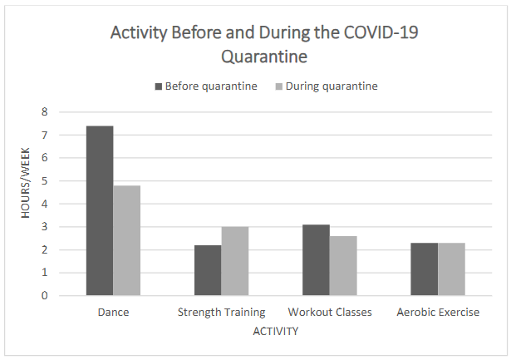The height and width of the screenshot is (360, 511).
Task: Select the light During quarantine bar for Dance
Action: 126,240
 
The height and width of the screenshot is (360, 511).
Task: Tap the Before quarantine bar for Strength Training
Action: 208,270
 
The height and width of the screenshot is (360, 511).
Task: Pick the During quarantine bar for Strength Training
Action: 234,261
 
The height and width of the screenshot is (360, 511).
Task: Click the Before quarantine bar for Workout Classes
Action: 316,259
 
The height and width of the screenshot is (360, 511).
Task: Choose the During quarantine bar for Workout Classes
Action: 343,265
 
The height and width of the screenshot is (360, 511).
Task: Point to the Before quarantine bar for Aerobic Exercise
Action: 424,269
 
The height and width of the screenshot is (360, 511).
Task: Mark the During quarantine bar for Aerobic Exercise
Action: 451,269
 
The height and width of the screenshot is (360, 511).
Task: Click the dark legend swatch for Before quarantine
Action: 159,86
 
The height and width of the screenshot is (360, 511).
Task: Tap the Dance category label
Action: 113,313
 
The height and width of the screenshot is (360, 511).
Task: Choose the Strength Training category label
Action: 221,313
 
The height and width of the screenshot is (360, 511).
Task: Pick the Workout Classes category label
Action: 330,313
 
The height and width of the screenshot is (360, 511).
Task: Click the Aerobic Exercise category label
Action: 438,313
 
